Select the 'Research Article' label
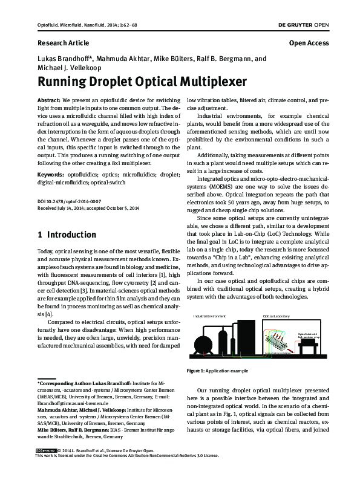[63, 44]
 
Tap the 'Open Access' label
[309, 44]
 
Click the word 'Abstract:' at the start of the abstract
[49, 98]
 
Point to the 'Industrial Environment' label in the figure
[209, 316]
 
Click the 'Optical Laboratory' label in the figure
[277, 316]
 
